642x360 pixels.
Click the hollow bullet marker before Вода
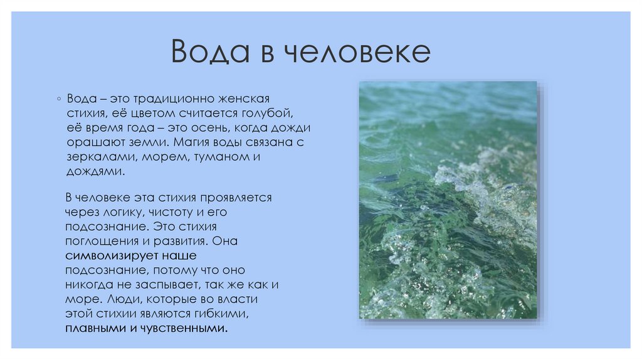click(58, 100)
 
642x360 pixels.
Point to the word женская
click(243, 99)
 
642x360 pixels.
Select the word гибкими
click(229, 314)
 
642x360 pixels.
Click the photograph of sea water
click(448, 199)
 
